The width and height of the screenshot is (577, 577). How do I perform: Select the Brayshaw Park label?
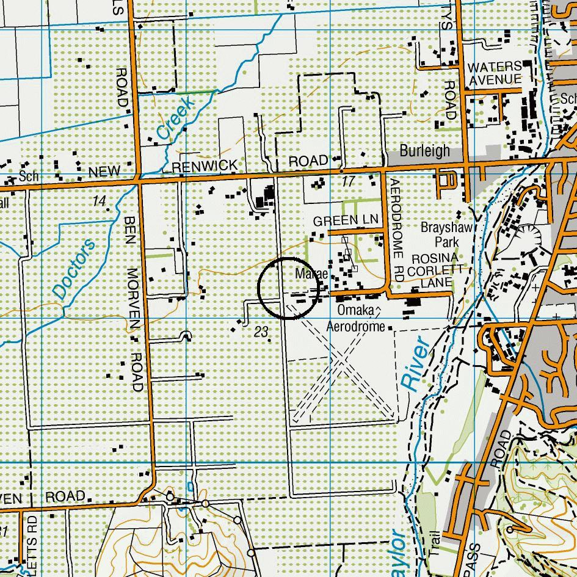447,234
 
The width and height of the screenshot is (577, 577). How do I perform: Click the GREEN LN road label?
346,220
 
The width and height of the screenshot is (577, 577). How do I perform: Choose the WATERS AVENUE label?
495,73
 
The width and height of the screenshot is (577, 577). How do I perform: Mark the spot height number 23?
261,332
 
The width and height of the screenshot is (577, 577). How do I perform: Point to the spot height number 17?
348,181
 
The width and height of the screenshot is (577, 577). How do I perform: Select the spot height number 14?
100,201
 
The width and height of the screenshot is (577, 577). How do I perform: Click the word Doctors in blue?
74,269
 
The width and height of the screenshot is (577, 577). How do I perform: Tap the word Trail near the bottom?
435,543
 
